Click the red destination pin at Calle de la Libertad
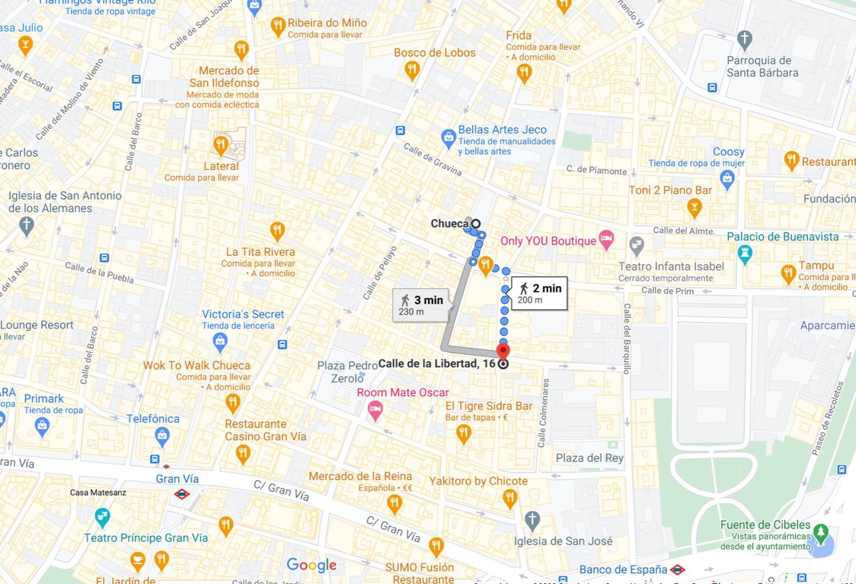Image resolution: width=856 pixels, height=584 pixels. [x=503, y=351]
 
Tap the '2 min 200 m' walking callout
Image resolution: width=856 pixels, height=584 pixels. [x=539, y=293]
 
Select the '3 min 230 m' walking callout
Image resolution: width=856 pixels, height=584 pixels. [x=421, y=305]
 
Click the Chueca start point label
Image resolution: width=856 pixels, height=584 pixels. [x=450, y=224]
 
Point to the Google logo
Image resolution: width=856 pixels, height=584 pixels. [x=312, y=565]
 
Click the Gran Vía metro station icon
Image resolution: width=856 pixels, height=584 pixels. [x=181, y=494]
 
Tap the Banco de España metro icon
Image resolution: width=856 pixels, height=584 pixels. [x=677, y=570]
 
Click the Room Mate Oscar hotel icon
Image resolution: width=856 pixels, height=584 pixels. [x=375, y=409]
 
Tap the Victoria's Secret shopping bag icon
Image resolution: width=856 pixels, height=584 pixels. [x=220, y=341]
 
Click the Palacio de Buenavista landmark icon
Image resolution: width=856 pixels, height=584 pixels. [x=745, y=253]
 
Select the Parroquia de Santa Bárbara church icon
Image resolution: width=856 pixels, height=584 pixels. [x=744, y=39]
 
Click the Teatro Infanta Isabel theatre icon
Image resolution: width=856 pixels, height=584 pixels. [x=637, y=246]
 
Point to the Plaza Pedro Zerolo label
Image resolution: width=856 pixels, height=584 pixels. [x=347, y=372]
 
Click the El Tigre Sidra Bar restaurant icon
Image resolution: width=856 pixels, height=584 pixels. [x=463, y=433]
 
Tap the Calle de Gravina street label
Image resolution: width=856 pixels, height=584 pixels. [x=433, y=159]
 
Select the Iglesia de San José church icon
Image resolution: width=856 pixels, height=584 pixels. [x=532, y=520]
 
